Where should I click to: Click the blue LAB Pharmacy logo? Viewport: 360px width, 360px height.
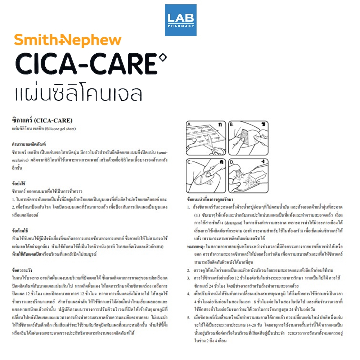pos(180,20)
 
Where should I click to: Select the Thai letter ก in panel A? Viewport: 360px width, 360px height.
pos(220,125)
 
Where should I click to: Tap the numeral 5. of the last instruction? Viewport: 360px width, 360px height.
pos(189,317)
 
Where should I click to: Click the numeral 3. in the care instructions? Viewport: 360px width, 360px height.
pos(189,278)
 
